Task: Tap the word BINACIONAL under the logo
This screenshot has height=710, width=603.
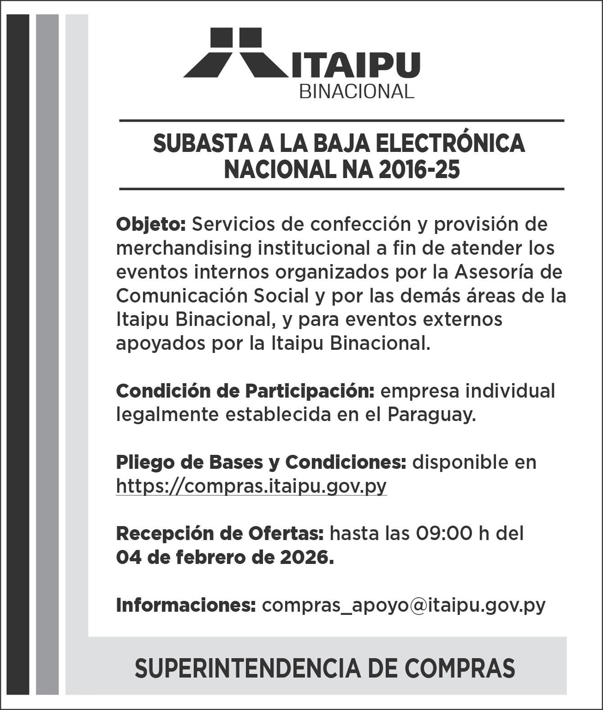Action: [x=356, y=92]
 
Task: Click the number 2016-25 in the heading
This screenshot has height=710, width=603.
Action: [x=419, y=170]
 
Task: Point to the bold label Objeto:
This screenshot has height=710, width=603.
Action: [x=151, y=224]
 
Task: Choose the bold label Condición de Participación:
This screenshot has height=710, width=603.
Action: [x=245, y=391]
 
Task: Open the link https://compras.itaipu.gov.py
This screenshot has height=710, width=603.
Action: [x=251, y=486]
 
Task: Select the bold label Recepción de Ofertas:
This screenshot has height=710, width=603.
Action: [x=220, y=534]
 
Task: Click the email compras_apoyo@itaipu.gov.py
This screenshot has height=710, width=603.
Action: [x=404, y=605]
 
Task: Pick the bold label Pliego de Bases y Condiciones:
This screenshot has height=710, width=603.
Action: [x=261, y=463]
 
